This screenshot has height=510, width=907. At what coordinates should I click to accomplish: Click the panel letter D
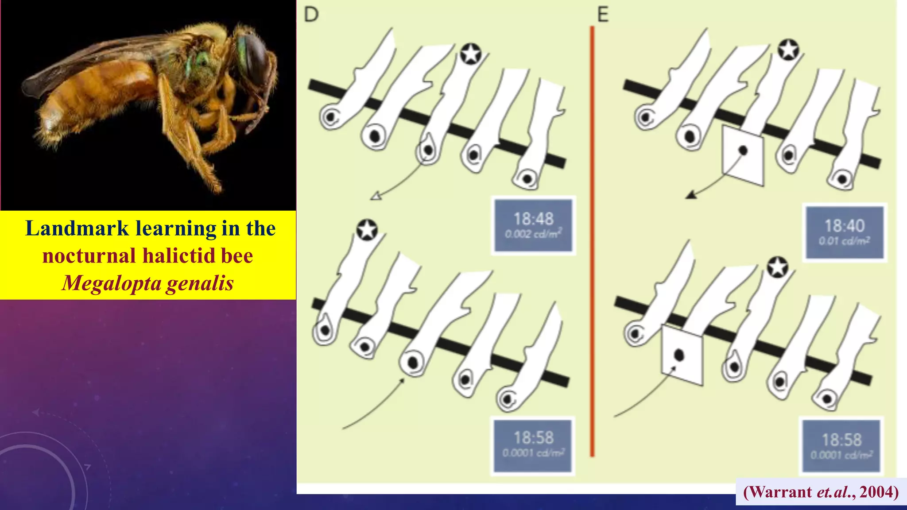311,15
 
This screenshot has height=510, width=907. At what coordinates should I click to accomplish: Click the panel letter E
603,15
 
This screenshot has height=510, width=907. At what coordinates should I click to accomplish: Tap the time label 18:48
533,219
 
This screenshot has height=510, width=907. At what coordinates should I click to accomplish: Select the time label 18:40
844,226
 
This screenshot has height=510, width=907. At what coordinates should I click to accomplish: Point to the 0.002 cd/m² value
533,234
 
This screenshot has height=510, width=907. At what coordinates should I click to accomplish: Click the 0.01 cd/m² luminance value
844,241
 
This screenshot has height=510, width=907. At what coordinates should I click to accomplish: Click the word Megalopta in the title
112,283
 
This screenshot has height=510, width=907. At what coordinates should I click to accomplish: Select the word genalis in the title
200,283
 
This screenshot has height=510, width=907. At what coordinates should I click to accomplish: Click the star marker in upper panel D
470,54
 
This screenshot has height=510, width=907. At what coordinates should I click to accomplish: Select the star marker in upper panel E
788,50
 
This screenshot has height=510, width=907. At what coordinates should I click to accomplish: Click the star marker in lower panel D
367,230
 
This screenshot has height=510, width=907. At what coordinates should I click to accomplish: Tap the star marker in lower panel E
778,267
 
